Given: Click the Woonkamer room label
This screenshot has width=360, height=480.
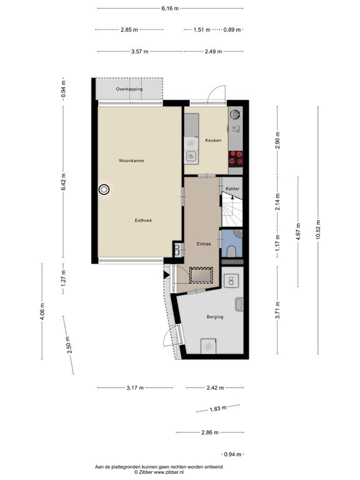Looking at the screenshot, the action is (x=132, y=161).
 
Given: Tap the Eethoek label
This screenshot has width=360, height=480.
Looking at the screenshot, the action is (x=143, y=220).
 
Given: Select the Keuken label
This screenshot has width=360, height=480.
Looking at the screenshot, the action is (x=213, y=140).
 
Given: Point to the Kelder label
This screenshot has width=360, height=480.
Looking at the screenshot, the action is (x=232, y=189).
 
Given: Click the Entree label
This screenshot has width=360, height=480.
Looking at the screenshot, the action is (x=204, y=244).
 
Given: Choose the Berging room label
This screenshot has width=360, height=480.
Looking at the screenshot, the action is (x=215, y=317).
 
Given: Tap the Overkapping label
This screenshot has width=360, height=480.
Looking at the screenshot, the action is (x=129, y=89).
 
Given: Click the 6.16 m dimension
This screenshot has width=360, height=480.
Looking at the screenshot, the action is (x=170, y=8).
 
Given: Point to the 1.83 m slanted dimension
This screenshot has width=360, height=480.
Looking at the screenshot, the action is (x=218, y=408).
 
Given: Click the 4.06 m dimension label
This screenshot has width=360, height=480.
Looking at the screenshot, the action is (x=42, y=311).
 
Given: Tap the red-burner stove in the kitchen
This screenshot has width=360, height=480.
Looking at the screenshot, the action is (x=236, y=158).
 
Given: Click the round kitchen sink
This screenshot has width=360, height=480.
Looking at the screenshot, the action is (x=235, y=114).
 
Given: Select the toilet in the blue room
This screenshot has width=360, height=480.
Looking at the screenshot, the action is (x=232, y=251).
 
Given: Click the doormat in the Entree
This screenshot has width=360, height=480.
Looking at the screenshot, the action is (x=201, y=275).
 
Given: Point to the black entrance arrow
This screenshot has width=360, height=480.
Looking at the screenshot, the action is (x=166, y=275).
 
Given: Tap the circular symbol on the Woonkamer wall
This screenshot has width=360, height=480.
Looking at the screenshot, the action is (x=104, y=189).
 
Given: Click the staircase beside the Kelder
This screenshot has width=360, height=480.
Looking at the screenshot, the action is (x=232, y=210).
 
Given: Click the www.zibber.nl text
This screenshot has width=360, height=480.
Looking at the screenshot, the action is (x=169, y=472).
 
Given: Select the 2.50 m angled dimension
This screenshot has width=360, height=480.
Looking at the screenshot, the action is (x=68, y=345).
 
